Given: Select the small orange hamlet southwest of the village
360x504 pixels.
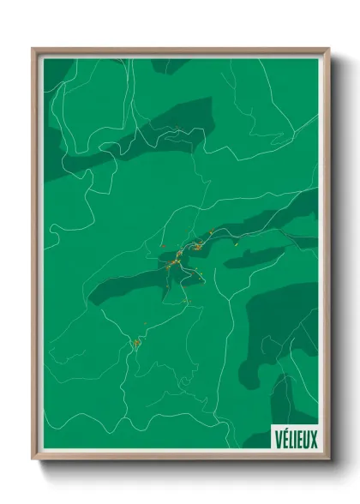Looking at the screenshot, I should tap(135, 344).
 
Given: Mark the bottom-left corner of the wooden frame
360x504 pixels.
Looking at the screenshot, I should tap(33, 462).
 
